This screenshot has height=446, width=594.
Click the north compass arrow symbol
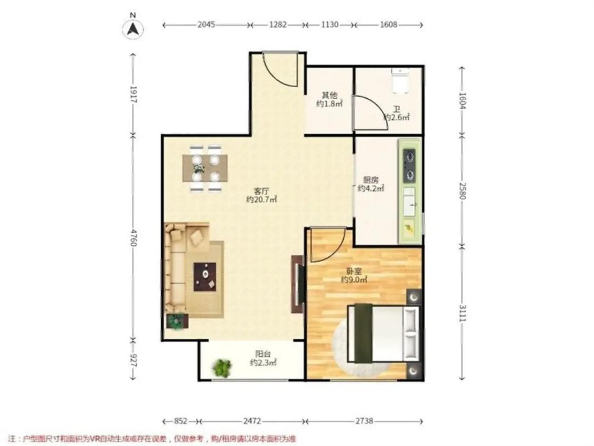(133, 29)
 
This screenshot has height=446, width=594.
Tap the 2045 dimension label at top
(206, 25)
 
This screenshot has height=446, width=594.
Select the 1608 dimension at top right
(389, 25)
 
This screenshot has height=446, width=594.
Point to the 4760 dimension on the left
(133, 237)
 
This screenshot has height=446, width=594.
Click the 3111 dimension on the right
(462, 313)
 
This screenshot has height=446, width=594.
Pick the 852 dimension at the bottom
(181, 421)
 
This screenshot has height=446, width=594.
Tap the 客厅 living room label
(261, 191)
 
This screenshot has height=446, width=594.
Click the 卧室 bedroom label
(354, 272)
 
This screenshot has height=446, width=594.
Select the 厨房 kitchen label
(371, 180)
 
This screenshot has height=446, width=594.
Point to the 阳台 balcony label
(263, 354)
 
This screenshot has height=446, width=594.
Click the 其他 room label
(329, 95)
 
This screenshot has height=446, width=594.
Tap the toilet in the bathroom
(400, 81)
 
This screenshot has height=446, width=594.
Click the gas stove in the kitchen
(409, 165)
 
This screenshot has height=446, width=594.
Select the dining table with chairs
(205, 168)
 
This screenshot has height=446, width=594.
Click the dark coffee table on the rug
(205, 277)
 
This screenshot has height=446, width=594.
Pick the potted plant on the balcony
(222, 367)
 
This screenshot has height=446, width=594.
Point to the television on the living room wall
(300, 284)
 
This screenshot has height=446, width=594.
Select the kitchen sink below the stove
(409, 202)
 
